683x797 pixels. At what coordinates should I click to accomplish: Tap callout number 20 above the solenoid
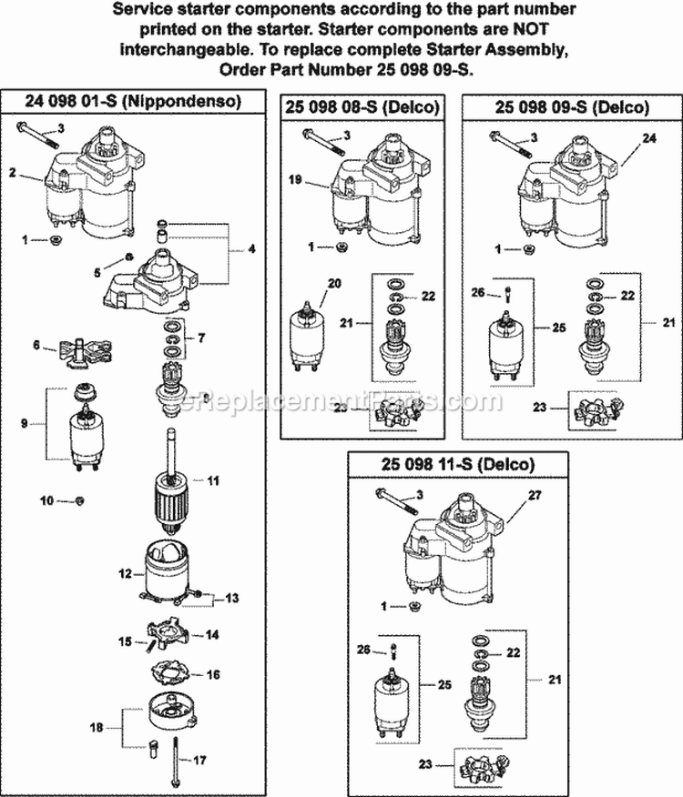[332, 284]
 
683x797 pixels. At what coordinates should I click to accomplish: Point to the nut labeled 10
[78, 500]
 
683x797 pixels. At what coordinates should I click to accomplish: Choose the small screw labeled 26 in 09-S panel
[505, 294]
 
